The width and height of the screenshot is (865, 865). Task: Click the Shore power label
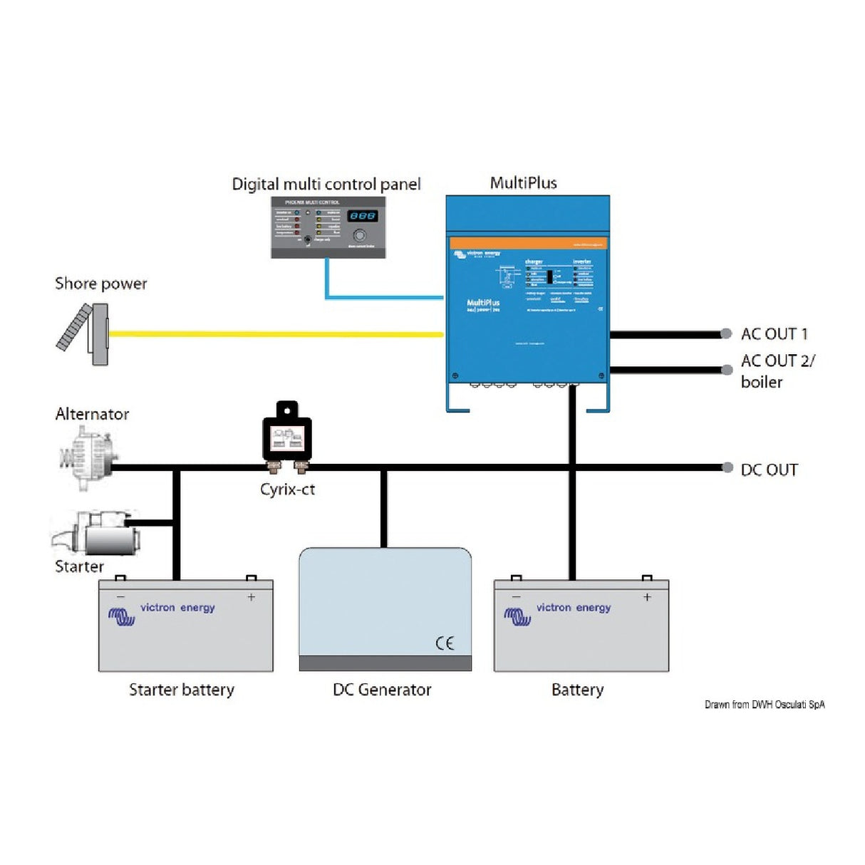point(101,284)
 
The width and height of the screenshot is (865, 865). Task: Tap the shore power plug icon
point(84,334)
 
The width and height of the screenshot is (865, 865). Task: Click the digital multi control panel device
point(328,227)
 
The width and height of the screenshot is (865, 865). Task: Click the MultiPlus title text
point(523,183)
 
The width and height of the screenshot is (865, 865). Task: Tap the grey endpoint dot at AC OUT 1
point(726,333)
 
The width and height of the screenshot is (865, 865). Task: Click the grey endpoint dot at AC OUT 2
point(727,370)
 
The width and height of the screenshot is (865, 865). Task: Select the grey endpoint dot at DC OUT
point(727,467)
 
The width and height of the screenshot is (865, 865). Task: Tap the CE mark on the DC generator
point(445,643)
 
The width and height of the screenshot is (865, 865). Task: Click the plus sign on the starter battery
point(251,597)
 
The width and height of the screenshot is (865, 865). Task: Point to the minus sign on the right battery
point(517,597)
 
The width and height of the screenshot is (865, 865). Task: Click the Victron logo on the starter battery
point(122,616)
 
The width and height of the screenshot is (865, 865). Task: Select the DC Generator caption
point(382,690)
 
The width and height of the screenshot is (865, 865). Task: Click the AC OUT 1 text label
point(774,333)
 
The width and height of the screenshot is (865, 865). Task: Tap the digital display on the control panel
point(362,216)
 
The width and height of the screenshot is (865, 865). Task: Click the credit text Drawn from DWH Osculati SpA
point(765,705)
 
